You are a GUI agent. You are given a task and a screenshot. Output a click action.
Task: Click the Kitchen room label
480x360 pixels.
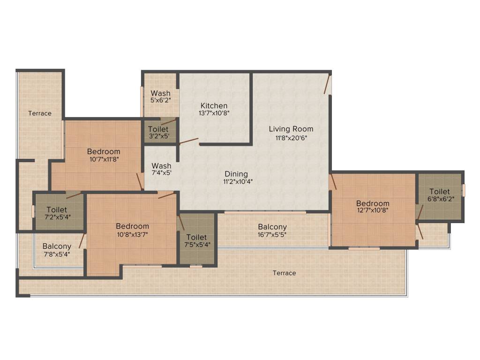[214, 105]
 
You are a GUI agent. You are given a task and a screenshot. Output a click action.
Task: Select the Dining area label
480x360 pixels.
[236, 174]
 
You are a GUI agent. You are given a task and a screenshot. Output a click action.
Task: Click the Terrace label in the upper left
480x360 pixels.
[40, 113]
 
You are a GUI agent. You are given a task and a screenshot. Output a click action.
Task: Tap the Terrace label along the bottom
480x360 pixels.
[285, 273]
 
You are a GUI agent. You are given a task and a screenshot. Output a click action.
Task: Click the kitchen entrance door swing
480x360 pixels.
[188, 140]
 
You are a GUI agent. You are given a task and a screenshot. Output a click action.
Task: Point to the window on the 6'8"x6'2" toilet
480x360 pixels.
[463, 190]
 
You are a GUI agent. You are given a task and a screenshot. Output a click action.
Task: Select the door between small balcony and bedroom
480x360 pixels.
[82, 240]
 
